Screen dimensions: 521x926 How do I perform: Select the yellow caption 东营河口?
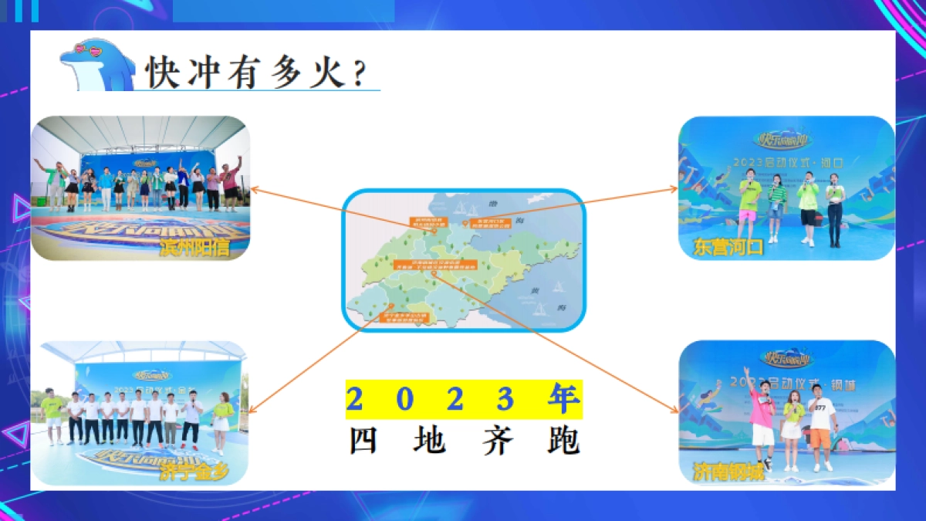[x=728, y=247]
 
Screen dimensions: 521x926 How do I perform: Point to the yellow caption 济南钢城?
[x=728, y=472]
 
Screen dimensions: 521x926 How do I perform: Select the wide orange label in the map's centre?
[x=435, y=264]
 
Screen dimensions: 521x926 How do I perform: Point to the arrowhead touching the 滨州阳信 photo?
[x=253, y=188]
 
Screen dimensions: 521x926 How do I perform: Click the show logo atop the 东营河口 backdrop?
[x=784, y=140]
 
